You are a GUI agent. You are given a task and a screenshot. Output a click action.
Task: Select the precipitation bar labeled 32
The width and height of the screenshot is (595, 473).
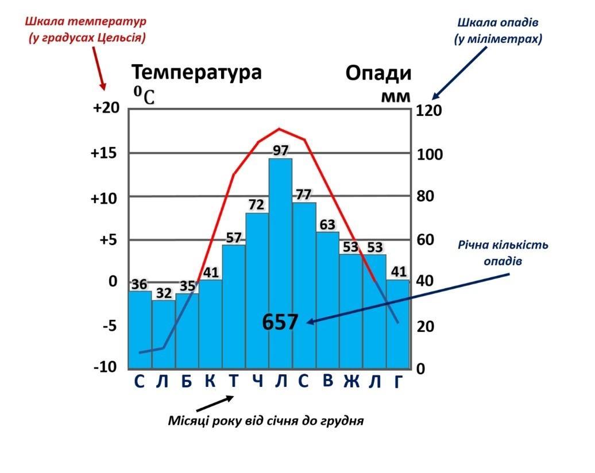click(164, 333)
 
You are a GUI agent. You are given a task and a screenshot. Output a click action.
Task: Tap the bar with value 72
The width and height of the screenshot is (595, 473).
click(257, 287)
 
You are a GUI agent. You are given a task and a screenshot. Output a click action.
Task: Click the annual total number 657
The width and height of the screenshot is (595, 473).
click(280, 323)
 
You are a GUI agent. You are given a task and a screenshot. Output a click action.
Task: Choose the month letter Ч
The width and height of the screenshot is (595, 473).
click(257, 381)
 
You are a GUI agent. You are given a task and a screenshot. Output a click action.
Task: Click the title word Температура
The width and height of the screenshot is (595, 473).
click(197, 73)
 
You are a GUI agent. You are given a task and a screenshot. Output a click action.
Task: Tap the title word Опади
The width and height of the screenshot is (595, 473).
click(378, 74)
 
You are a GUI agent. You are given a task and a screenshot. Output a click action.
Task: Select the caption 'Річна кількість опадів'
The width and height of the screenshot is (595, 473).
click(503, 253)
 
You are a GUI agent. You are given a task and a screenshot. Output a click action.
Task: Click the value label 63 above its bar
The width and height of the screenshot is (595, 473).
click(327, 224)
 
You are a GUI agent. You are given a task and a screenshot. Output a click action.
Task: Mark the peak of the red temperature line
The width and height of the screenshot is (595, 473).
click(280, 129)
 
